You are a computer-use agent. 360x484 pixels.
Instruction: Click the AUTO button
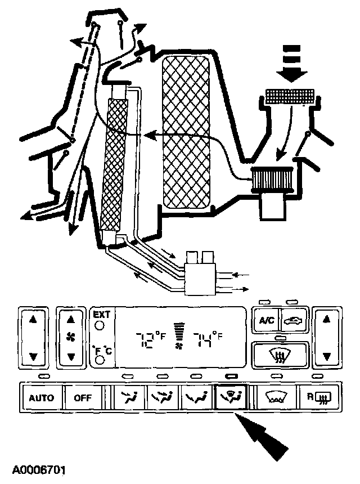41,398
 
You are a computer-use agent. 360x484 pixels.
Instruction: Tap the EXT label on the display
102,314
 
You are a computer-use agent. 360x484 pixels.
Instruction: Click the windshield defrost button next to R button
276,398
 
